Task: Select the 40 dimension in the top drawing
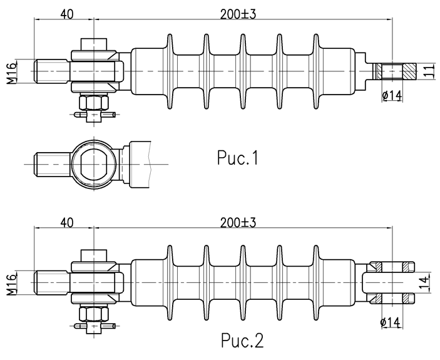click(68, 13)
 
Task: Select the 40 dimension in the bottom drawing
click(68, 222)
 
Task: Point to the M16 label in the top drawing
click(12, 72)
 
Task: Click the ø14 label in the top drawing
click(391, 95)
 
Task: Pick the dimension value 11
click(428, 71)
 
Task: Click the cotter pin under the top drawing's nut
click(93, 115)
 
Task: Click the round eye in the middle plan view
click(93, 162)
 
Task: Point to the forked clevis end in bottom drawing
click(391, 281)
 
